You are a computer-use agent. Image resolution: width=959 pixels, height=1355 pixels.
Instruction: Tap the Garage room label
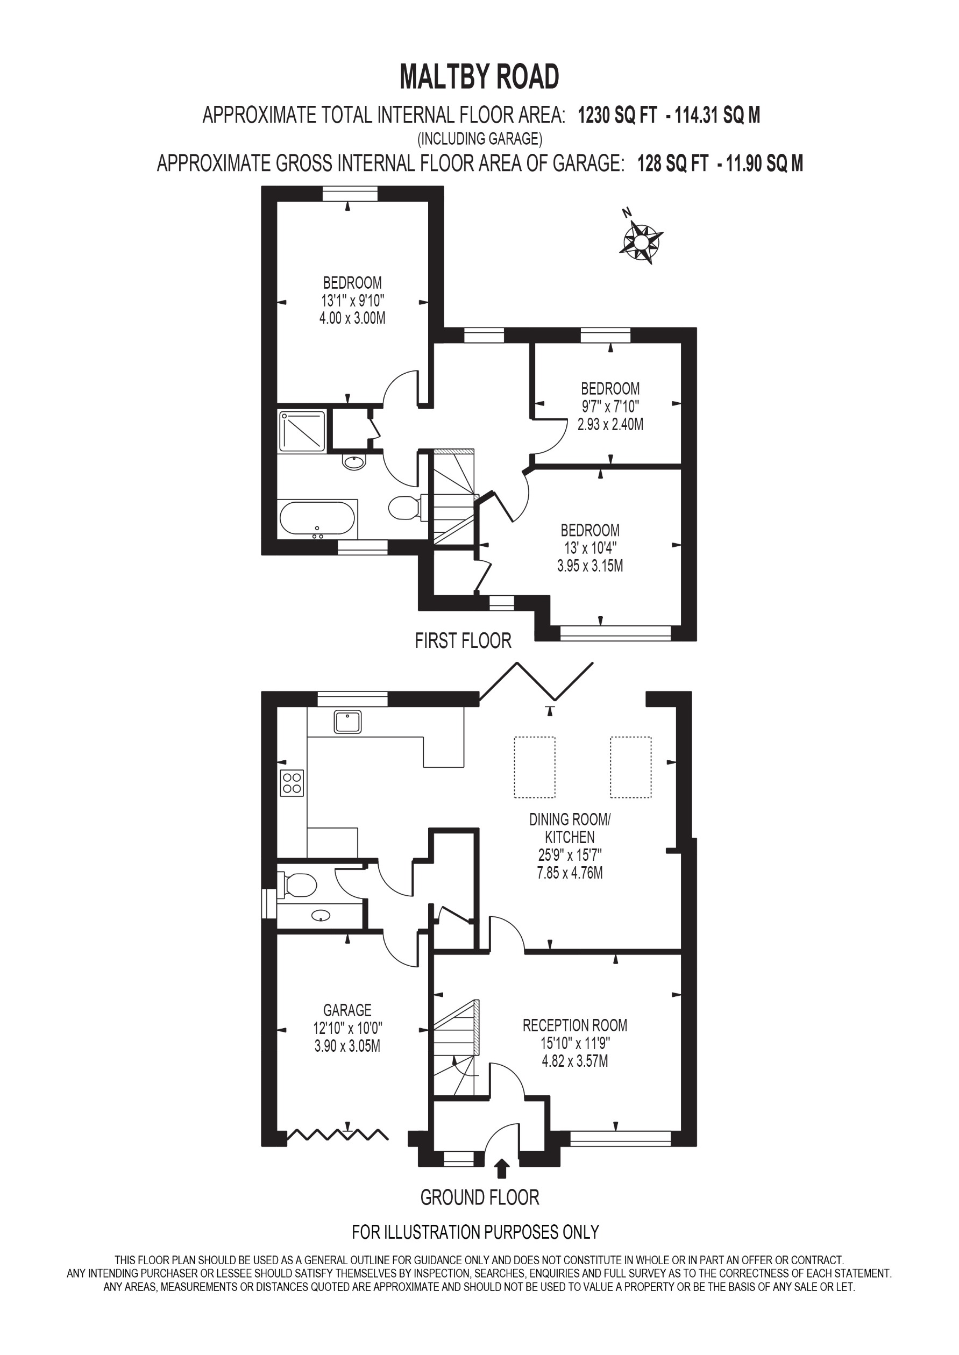point(347,1010)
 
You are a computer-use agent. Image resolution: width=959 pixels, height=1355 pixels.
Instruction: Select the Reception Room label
point(574,1025)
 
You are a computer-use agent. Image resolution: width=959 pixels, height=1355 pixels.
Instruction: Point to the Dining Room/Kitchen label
point(570,828)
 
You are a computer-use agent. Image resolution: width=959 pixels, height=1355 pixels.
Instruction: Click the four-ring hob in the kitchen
point(292,783)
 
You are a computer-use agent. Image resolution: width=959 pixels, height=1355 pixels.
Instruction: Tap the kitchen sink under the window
point(348,722)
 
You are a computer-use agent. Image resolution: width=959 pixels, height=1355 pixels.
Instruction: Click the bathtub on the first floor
point(317,518)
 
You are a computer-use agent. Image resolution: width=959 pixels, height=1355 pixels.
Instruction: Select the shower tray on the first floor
point(302,431)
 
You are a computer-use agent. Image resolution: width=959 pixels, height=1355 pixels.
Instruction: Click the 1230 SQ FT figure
point(617,115)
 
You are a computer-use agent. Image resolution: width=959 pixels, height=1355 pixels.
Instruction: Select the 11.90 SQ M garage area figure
point(764,163)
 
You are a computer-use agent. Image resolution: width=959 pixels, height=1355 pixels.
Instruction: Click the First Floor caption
point(463,640)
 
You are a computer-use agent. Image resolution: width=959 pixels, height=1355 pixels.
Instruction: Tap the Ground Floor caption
point(480,1197)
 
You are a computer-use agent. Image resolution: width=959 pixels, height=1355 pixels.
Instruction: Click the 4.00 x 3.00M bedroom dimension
point(352,318)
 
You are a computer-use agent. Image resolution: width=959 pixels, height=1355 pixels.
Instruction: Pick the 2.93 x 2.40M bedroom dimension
point(610,424)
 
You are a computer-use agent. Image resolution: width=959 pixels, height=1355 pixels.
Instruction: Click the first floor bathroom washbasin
point(354,462)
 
